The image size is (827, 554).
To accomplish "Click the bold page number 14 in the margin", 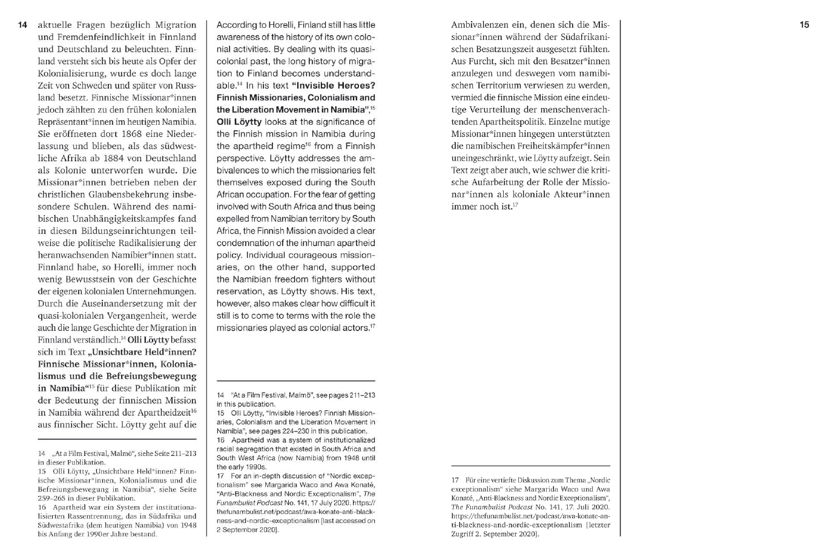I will [x=22, y=25].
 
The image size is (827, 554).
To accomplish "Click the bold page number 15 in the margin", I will [x=803, y=25].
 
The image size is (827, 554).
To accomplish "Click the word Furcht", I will [x=485, y=61].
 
